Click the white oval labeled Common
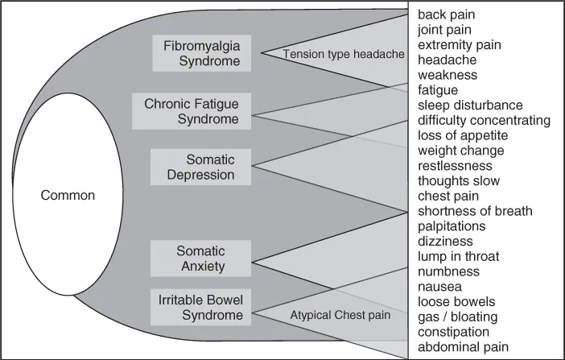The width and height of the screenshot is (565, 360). click(x=68, y=195)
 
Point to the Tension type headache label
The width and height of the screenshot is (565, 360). click(x=344, y=53)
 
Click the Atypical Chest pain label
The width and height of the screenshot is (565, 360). click(x=340, y=315)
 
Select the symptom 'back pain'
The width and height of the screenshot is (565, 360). click(x=447, y=14)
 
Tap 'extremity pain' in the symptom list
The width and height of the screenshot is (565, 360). click(x=459, y=45)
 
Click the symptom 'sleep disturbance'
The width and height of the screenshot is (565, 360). click(x=470, y=106)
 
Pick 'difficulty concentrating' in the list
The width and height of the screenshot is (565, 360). click(x=484, y=121)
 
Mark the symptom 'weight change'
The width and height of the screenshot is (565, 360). click(x=461, y=151)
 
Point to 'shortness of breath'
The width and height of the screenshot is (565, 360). click(x=475, y=211)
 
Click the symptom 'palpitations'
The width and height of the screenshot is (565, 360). click(x=452, y=226)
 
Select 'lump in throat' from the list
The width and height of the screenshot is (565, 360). click(x=459, y=257)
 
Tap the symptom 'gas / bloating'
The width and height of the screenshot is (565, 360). click(x=457, y=317)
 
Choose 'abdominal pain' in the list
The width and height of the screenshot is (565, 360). click(x=463, y=347)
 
